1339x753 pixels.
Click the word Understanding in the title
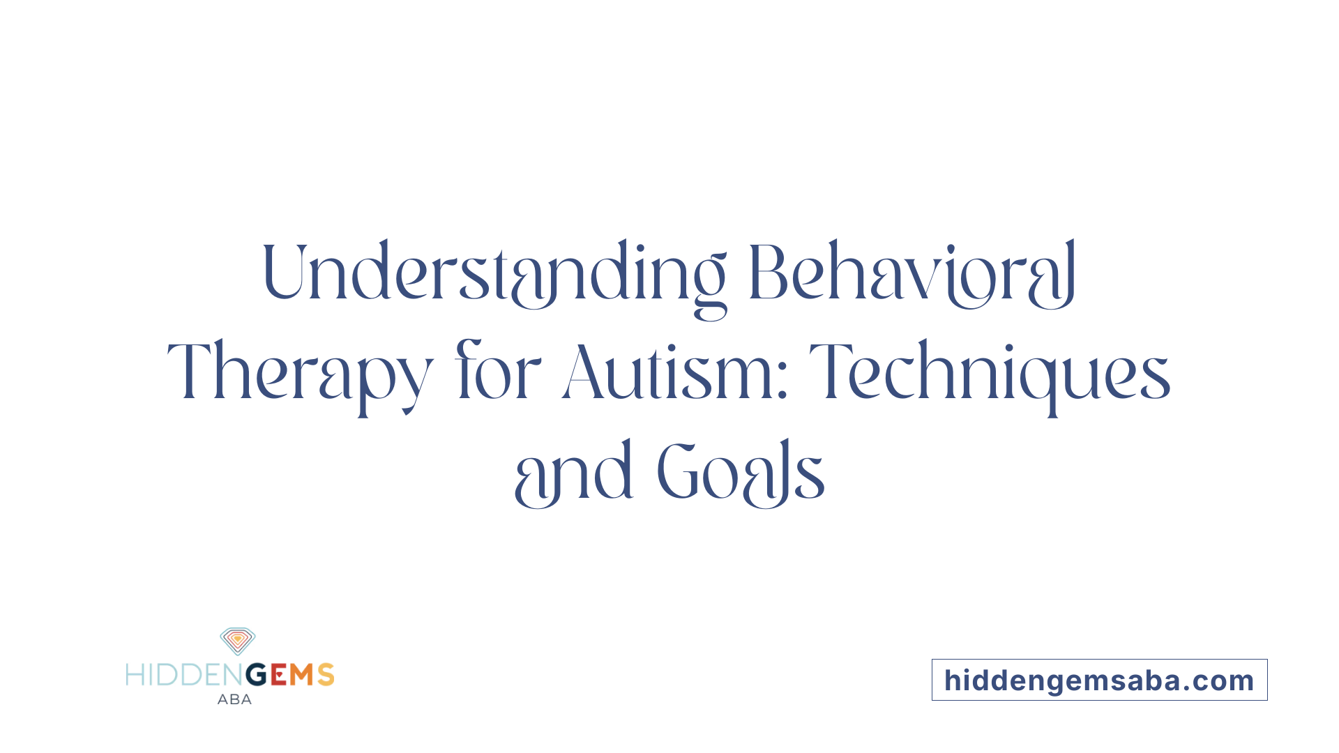point(494,273)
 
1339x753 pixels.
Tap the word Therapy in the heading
point(300,373)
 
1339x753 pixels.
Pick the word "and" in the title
point(573,473)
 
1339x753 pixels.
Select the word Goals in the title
point(741,473)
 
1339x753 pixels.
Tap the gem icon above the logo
point(238,641)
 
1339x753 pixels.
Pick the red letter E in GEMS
point(278,675)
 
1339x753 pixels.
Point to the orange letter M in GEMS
point(302,675)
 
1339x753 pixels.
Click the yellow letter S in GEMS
point(326,675)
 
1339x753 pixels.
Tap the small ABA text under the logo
point(234,699)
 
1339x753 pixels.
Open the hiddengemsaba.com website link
point(1099,680)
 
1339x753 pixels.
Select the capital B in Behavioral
point(769,273)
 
